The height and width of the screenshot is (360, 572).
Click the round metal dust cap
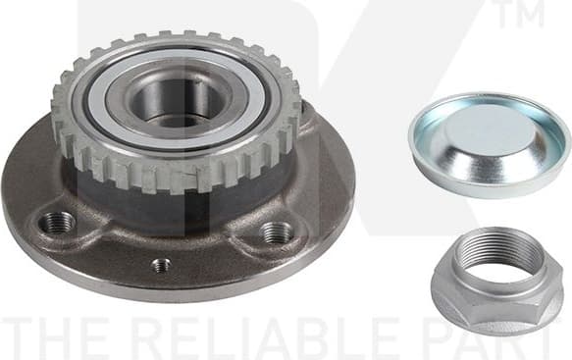489,144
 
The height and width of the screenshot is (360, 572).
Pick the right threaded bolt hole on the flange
277,232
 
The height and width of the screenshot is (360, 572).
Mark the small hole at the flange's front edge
162,264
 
